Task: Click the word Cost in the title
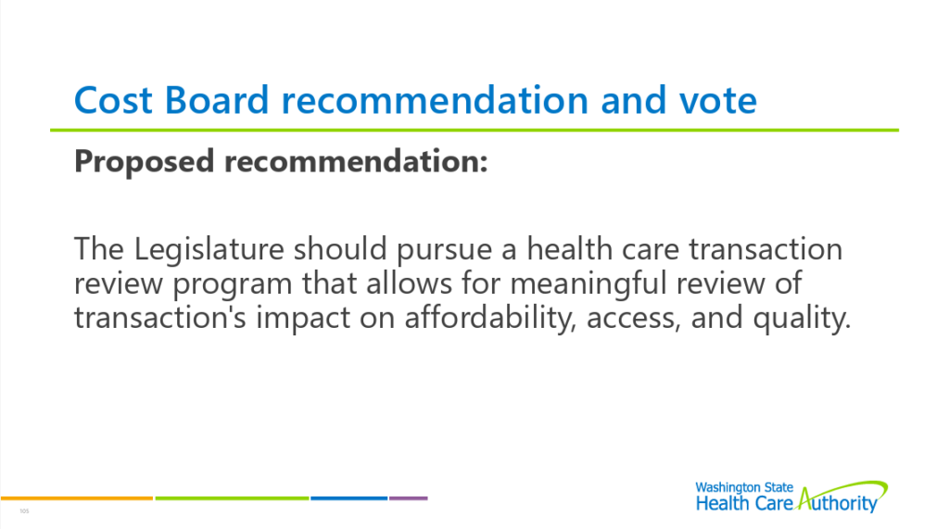click(x=112, y=100)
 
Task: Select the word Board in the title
click(x=217, y=100)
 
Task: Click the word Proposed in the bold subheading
click(x=144, y=162)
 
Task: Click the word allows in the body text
click(x=409, y=283)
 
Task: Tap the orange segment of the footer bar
click(x=77, y=498)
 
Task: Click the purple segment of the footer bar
click(x=409, y=498)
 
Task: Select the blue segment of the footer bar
click(x=349, y=498)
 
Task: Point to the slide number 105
click(x=24, y=511)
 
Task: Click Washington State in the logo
click(x=744, y=487)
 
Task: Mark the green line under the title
click(x=474, y=130)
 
